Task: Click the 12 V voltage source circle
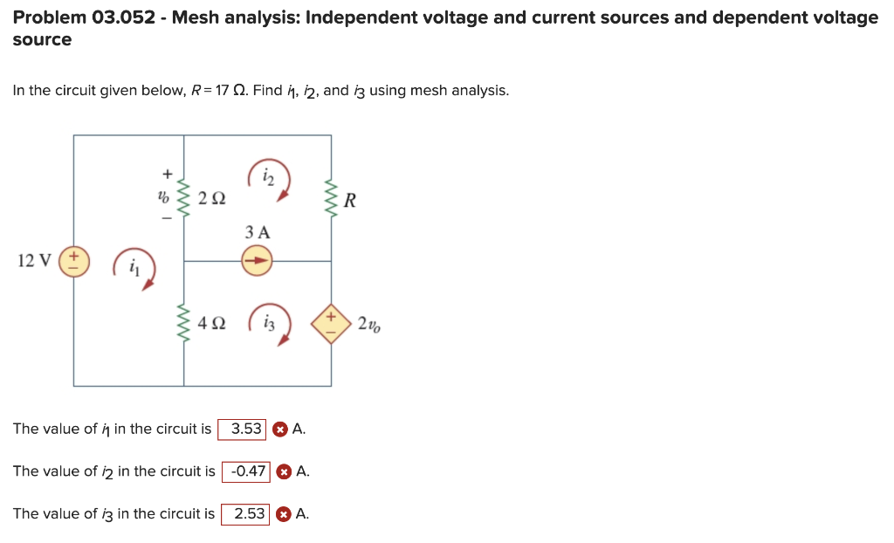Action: point(74,260)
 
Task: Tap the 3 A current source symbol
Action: point(257,260)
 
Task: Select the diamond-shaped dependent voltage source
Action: point(331,324)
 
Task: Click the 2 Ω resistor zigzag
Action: point(183,198)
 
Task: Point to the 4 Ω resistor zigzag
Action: point(183,323)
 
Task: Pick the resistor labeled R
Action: point(331,200)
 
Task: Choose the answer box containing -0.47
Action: point(247,471)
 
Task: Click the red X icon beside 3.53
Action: point(279,430)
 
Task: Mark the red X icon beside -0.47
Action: point(284,471)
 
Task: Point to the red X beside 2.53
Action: point(284,514)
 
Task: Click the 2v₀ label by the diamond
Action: point(368,325)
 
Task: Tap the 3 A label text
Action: point(258,232)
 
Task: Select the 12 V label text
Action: point(34,260)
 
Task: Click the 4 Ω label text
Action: point(211,324)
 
